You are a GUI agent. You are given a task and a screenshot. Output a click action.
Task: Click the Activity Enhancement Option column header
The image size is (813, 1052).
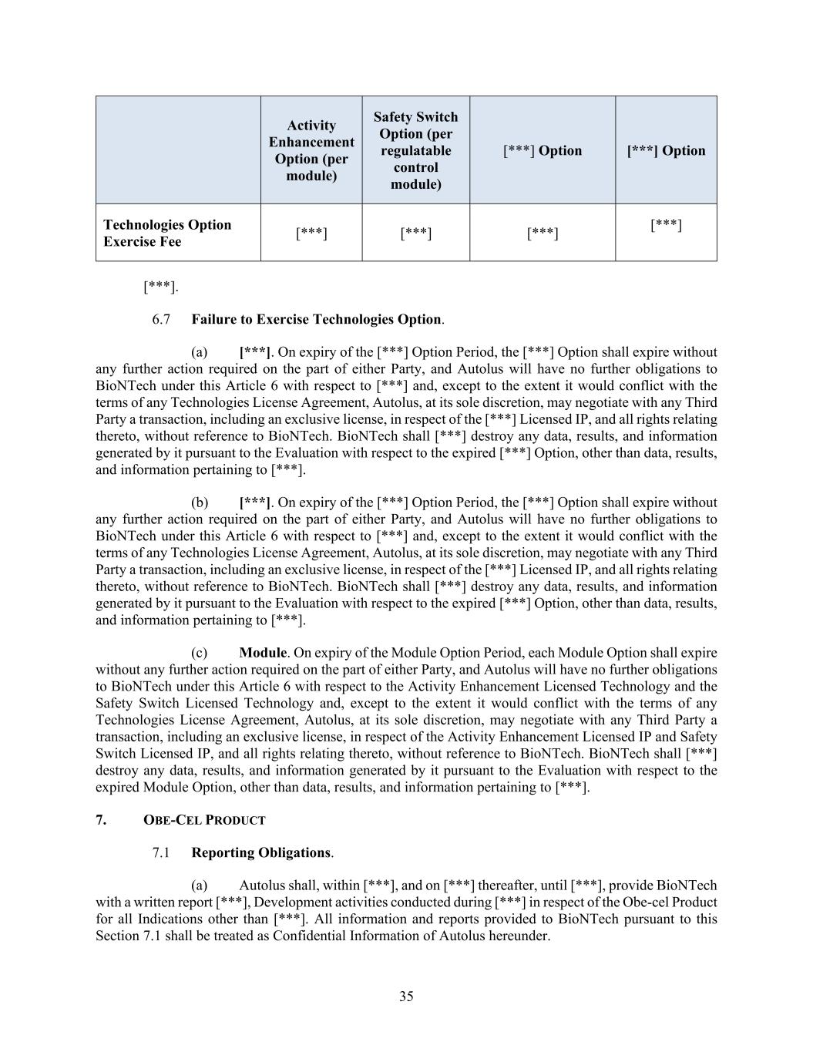click(311, 150)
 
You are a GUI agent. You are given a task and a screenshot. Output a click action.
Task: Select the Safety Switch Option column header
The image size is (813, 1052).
click(415, 150)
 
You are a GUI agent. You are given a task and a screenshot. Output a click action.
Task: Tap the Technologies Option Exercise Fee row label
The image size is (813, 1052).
click(167, 233)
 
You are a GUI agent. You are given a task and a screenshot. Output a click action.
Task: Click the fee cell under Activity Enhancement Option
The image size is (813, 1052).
click(311, 233)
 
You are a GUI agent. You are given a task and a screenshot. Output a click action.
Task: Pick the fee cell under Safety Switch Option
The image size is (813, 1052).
click(415, 233)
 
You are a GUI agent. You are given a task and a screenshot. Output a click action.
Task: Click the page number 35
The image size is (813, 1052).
click(406, 996)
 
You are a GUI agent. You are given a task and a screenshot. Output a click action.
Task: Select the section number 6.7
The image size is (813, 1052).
click(161, 319)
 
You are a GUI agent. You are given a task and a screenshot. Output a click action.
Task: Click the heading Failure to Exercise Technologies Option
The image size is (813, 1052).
click(317, 319)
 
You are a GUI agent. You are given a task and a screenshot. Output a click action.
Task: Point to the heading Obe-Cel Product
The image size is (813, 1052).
click(204, 820)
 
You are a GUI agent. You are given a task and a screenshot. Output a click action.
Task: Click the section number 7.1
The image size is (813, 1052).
click(161, 852)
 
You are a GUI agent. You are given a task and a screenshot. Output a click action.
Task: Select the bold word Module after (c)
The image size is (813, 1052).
click(263, 652)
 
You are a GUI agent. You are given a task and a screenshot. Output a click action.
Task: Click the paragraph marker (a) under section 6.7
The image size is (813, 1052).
click(200, 352)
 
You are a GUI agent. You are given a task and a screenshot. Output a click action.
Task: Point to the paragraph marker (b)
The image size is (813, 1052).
click(200, 502)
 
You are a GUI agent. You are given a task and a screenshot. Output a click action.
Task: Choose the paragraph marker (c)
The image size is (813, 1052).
click(200, 652)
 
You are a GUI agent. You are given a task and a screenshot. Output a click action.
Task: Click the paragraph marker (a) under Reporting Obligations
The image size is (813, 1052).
click(200, 886)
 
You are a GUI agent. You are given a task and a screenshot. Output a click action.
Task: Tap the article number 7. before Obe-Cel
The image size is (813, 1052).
click(101, 820)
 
